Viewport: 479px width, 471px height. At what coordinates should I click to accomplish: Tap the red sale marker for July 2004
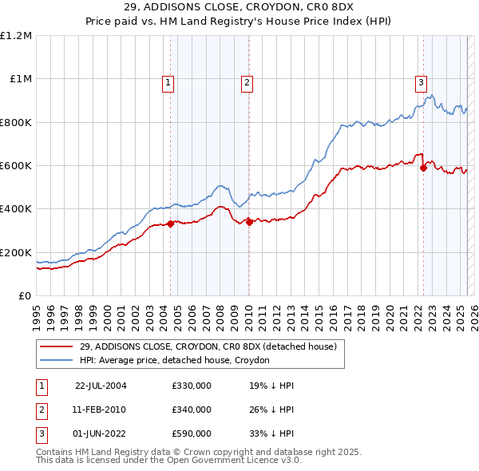coord(170,224)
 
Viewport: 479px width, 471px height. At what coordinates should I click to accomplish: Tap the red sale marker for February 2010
coord(249,222)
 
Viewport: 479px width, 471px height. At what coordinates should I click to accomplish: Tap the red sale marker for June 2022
coord(423,168)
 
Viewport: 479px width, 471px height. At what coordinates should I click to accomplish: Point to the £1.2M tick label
coord(17,35)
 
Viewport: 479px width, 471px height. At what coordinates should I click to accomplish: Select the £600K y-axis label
coord(17,165)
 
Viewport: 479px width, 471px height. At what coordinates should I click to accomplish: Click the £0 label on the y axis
coord(26,295)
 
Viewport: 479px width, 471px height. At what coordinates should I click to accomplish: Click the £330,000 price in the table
coord(192,386)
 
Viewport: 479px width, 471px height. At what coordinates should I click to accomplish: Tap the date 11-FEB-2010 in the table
coord(100,410)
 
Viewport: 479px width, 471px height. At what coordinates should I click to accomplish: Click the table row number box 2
coord(41,410)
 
